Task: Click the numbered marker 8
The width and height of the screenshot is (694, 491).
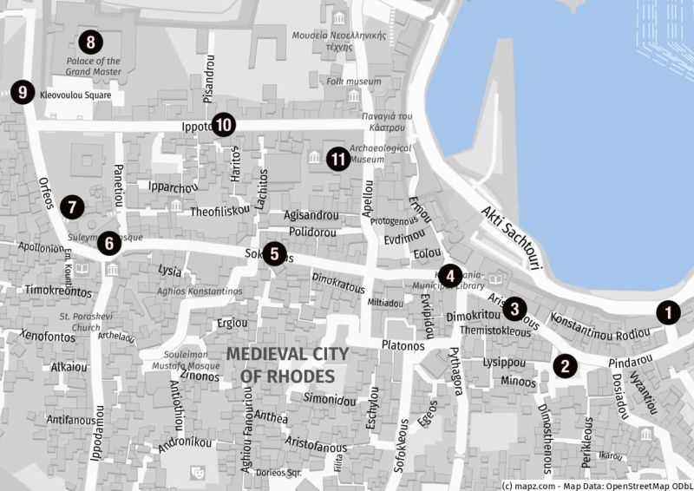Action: tap(89, 41)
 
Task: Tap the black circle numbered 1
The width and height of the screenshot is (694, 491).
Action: tap(667, 311)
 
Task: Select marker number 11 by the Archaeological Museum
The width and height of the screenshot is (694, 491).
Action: tap(338, 159)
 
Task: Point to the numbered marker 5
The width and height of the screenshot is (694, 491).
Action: tap(274, 253)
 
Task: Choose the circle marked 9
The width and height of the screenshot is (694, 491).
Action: tap(22, 91)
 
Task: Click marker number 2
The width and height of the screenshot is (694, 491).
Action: tap(565, 365)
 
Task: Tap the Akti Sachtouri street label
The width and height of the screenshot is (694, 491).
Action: tap(511, 237)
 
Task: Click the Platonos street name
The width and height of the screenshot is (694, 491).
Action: tap(403, 345)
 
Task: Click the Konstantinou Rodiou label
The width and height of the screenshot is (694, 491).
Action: tap(600, 326)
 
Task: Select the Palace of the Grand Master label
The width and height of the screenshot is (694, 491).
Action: tap(94, 66)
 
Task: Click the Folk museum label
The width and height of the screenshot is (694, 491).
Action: tap(353, 82)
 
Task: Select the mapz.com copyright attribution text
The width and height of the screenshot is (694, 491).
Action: tap(596, 484)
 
